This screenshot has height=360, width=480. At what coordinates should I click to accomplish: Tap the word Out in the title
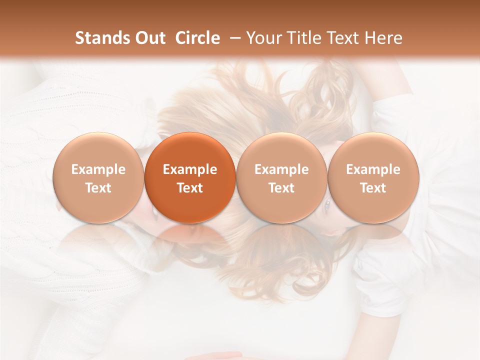pos(148,38)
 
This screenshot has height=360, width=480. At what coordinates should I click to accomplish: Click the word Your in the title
pos(262,38)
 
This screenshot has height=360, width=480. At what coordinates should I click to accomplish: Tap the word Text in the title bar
pos(338,38)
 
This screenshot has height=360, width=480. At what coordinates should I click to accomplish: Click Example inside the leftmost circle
pos(98,169)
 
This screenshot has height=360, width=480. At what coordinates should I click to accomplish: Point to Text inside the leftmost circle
pos(98,188)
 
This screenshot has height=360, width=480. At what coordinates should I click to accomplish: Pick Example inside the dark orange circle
pos(190,169)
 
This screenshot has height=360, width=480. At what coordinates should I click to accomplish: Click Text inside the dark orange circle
pos(190,188)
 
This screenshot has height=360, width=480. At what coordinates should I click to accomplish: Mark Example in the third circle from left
pos(281,169)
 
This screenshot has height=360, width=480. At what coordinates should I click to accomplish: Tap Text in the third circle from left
pos(281,188)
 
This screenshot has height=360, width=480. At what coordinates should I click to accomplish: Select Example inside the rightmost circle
pos(373,169)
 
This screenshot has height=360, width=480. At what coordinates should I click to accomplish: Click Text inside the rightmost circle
pos(373,188)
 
